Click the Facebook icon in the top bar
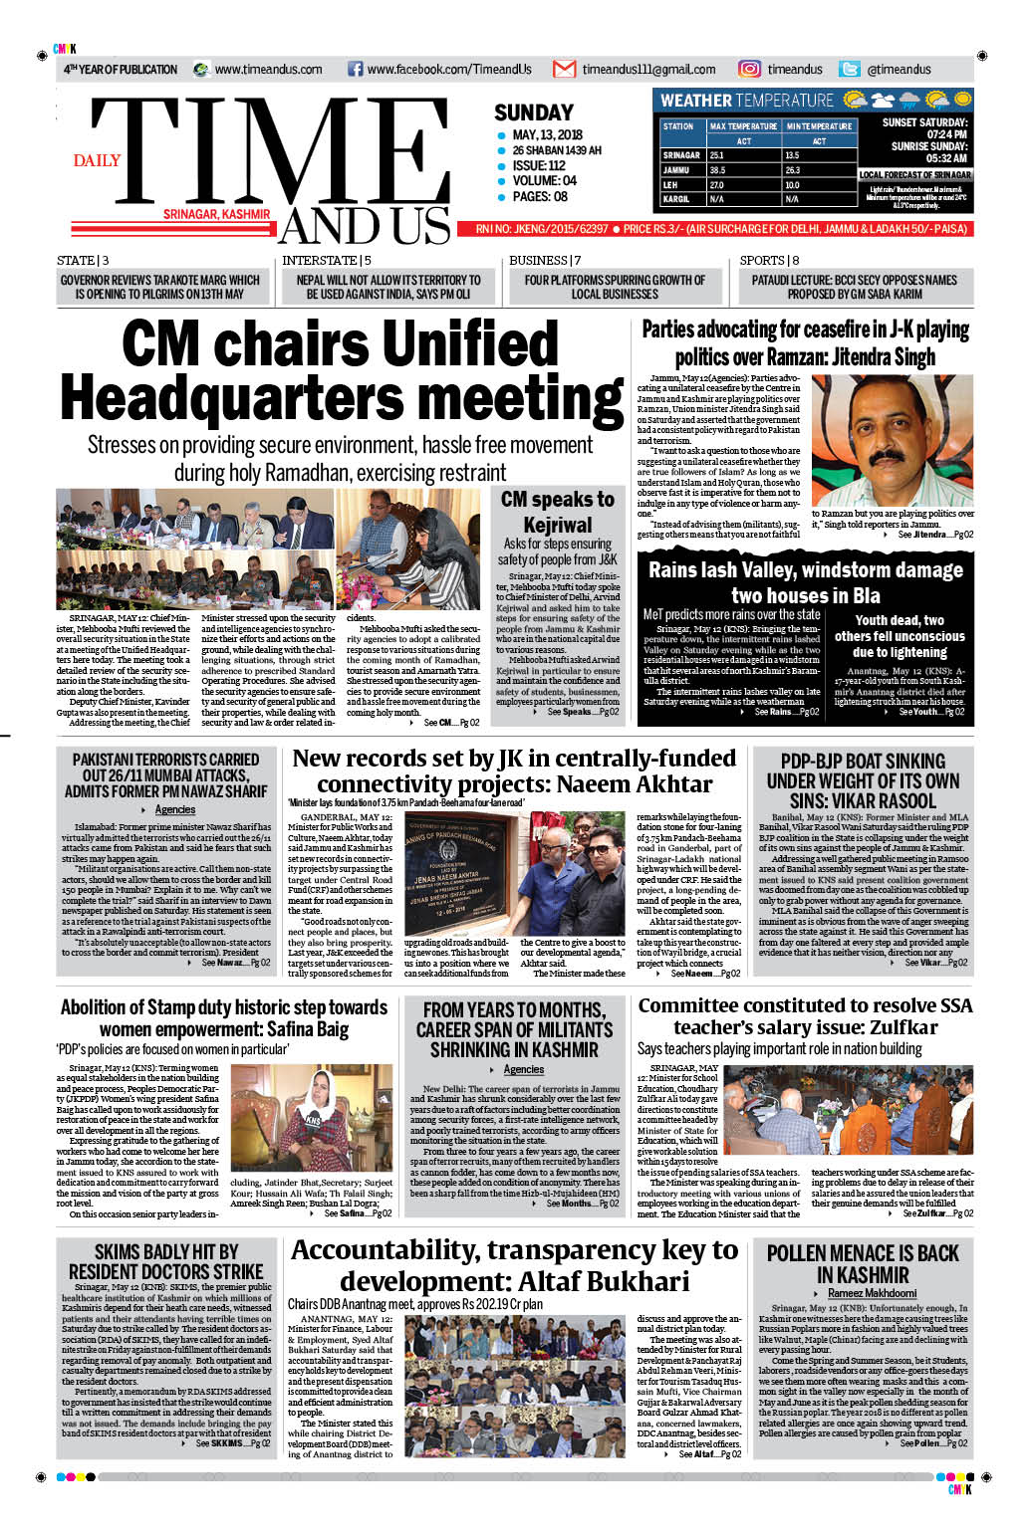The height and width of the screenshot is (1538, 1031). point(355,70)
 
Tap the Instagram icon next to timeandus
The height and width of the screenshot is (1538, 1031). point(749,69)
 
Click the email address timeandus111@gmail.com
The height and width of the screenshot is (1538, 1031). point(648,70)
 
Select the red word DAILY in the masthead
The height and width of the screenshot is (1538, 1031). point(97,160)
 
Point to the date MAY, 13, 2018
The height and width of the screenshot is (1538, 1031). point(547,135)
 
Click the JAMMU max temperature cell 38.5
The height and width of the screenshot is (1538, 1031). point(717,170)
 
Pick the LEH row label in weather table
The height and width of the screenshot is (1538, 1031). point(670,185)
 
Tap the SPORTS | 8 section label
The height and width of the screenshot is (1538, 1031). point(769,261)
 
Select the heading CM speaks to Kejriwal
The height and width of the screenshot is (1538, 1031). point(558,512)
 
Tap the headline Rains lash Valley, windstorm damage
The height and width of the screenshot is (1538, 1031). point(805,570)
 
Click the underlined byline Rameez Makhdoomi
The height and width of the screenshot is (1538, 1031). point(872,1293)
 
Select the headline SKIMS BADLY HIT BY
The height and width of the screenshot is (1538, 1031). point(165,1251)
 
